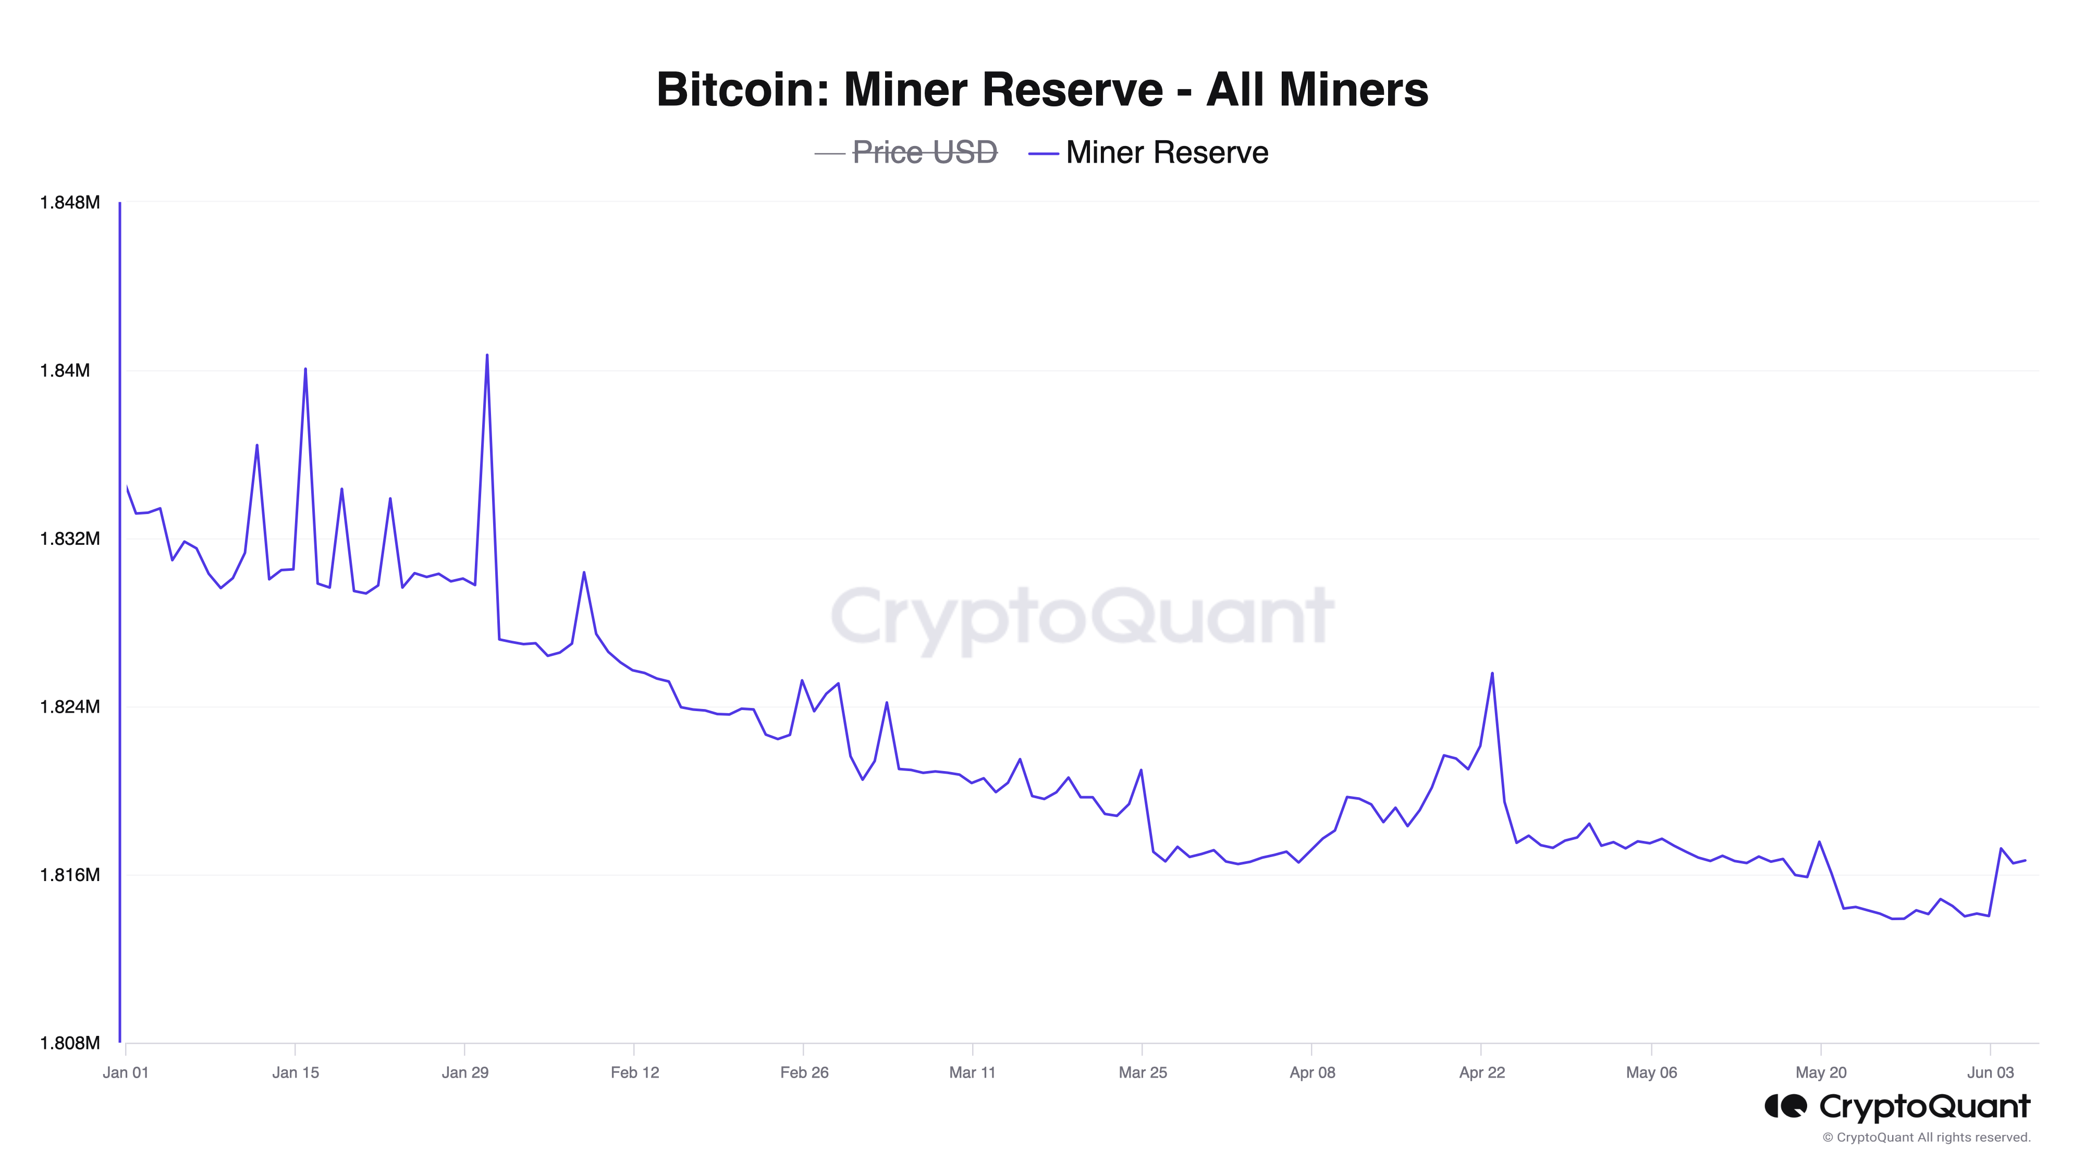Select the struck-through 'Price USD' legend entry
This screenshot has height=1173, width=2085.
point(924,152)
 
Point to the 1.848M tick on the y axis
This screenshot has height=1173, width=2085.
point(70,202)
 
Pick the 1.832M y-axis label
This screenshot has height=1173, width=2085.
point(70,539)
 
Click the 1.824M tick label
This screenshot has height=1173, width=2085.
point(70,707)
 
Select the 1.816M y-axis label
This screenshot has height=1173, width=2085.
point(70,875)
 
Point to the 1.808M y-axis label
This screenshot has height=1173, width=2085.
point(70,1043)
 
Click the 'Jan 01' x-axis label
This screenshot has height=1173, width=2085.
point(126,1072)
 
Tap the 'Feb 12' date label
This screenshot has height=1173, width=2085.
point(634,1072)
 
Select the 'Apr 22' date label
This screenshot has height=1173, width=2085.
point(1481,1072)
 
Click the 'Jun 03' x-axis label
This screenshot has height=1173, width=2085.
point(1990,1072)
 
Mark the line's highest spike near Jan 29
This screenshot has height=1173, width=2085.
point(486,356)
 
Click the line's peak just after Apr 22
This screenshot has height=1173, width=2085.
point(1492,674)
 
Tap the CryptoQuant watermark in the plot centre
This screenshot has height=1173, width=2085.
point(1082,617)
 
